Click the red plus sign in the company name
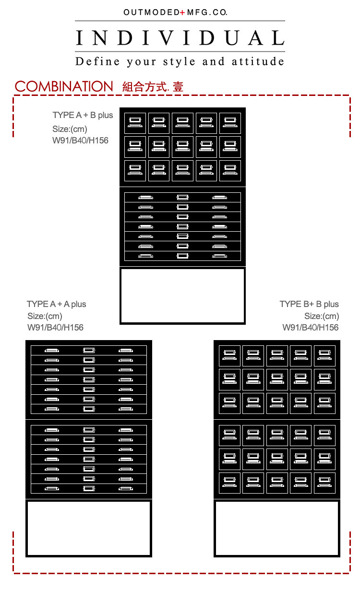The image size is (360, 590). tap(182, 12)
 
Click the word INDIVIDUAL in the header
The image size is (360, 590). tap(180, 37)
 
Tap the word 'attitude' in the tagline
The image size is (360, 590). tap(258, 61)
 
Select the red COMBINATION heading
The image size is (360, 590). tap(64, 87)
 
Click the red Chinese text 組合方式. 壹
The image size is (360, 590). tap(153, 87)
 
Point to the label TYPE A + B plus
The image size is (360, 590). tap(83, 115)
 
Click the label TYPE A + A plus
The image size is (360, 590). tap(57, 304)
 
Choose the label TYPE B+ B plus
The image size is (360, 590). tap(309, 304)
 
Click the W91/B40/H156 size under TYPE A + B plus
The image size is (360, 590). tap(81, 141)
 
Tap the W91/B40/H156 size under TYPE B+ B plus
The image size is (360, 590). tap(311, 328)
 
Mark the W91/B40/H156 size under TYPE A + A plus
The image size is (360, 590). tap(56, 328)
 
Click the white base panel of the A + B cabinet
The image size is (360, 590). tap(182, 295)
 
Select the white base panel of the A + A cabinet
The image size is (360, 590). tap(89, 528)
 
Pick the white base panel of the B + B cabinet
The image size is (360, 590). tap(277, 528)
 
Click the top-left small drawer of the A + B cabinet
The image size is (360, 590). tap(135, 123)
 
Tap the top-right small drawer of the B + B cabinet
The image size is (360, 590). tap(324, 356)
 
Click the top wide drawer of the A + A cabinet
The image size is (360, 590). tap(89, 350)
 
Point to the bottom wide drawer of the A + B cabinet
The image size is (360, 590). tap(182, 256)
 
